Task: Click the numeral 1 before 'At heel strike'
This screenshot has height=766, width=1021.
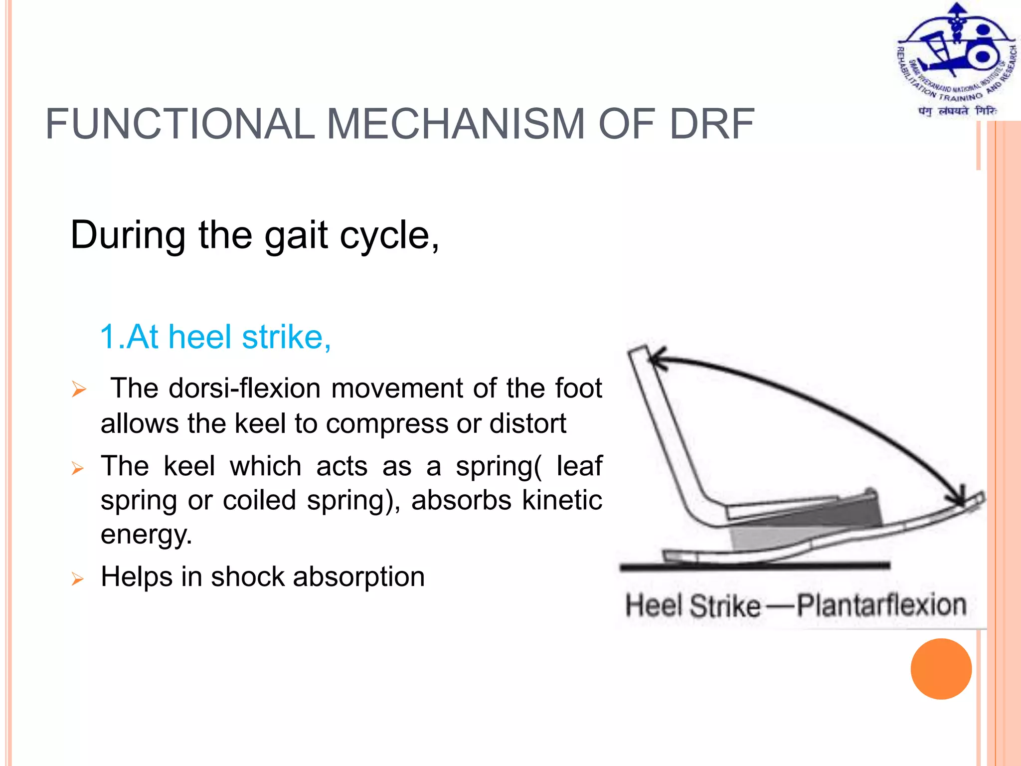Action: point(108,337)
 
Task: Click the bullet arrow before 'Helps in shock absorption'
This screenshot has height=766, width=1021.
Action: point(78,578)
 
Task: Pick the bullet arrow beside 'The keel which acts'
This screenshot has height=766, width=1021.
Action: point(78,468)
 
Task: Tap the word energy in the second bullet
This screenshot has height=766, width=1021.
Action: point(146,534)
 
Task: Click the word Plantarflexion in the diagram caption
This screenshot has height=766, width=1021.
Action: point(881,605)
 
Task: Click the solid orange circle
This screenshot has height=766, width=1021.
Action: point(941,669)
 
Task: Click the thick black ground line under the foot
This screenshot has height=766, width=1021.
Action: point(753,566)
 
